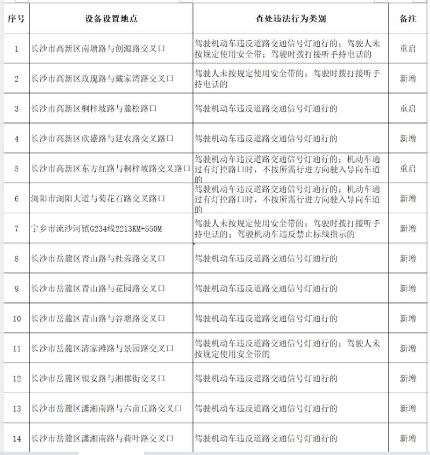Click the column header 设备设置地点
coord(111,19)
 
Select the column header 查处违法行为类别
coord(290,19)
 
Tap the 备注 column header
coord(408,19)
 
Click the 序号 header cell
coord(16,19)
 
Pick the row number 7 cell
coord(17,229)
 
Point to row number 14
coord(17,439)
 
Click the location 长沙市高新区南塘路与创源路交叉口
coord(98,49)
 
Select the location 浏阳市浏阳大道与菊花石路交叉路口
coord(98,199)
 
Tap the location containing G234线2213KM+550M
coord(96,229)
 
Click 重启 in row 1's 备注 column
coord(408,49)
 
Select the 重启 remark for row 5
coord(408,169)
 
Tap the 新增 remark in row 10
coord(408,319)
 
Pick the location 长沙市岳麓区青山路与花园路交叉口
coord(98,288)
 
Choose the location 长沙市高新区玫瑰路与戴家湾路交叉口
coord(103,79)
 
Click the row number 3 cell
coord(17,109)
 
